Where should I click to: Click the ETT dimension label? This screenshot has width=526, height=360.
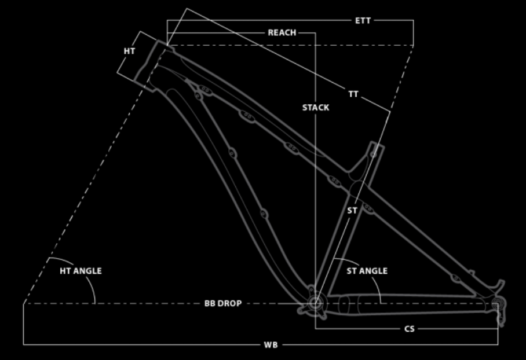pyautogui.click(x=363, y=21)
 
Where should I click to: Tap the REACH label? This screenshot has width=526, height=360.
pyautogui.click(x=282, y=33)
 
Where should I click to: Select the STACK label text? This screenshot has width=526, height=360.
pyautogui.click(x=316, y=108)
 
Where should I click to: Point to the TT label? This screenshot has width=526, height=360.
pyautogui.click(x=353, y=94)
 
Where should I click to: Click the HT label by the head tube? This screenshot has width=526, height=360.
pyautogui.click(x=130, y=52)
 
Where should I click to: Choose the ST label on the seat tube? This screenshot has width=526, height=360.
pyautogui.click(x=352, y=211)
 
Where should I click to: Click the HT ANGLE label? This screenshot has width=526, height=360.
pyautogui.click(x=81, y=271)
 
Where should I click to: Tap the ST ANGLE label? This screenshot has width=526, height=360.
pyautogui.click(x=367, y=271)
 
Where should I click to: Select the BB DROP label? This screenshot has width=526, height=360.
pyautogui.click(x=223, y=303)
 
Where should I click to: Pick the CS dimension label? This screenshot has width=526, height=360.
pyautogui.click(x=410, y=329)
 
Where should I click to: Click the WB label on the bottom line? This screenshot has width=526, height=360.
pyautogui.click(x=271, y=345)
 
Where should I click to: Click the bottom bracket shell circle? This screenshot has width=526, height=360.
pyautogui.click(x=315, y=304)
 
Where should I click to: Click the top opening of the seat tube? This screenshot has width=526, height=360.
pyautogui.click(x=377, y=145)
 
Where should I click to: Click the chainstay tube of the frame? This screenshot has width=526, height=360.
pyautogui.click(x=409, y=304)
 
